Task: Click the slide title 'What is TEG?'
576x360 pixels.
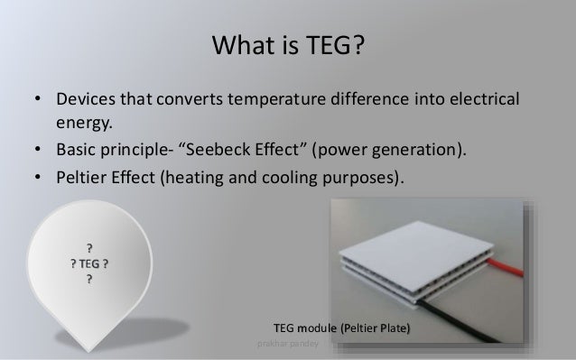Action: click(288, 43)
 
